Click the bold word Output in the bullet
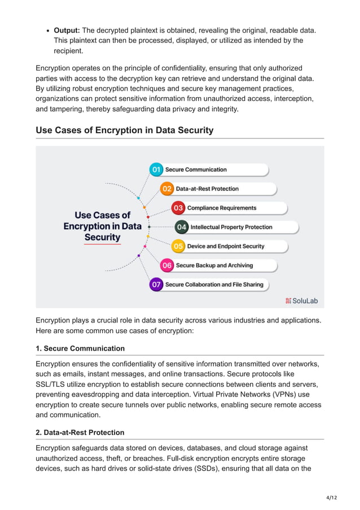67,30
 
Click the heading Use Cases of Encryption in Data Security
124,130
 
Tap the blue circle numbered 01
156,169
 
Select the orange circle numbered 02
167,189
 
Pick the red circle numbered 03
178,208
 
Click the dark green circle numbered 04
181,227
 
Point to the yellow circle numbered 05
178,246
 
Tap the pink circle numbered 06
167,265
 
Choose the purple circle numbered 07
156,285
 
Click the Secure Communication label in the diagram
196,169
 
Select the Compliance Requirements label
222,208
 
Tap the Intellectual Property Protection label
231,227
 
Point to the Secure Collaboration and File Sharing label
214,285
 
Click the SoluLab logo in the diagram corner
301,300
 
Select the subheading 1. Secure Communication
80,348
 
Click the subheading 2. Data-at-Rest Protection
80,433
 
